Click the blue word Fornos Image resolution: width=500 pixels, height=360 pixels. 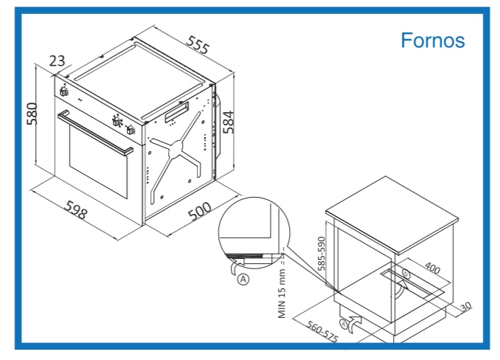(x=433, y=41)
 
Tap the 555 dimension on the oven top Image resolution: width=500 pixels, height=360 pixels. (x=198, y=45)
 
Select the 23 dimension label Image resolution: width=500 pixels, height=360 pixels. (x=57, y=60)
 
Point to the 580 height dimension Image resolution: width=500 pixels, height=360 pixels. (x=32, y=114)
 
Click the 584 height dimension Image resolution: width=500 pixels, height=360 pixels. (x=229, y=122)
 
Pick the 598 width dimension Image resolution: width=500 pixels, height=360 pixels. (x=76, y=210)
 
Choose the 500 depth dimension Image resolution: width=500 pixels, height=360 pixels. (x=200, y=212)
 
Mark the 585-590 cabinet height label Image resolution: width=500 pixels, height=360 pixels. (x=322, y=254)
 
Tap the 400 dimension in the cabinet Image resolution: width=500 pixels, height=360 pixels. (x=433, y=268)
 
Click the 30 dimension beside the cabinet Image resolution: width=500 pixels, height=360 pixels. (x=466, y=306)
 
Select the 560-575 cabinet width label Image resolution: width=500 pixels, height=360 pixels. (x=322, y=332)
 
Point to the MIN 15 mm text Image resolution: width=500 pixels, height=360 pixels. (x=282, y=294)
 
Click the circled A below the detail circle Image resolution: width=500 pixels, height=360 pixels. (x=243, y=280)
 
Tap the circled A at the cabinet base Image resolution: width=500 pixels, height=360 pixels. (x=344, y=325)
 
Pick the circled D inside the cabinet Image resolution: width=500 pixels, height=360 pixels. (x=406, y=274)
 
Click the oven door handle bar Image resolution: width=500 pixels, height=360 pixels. (x=95, y=133)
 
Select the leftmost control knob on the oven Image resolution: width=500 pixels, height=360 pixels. (x=63, y=91)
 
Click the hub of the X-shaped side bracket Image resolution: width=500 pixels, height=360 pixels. (x=176, y=148)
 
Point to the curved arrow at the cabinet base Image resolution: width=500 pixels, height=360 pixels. (x=355, y=325)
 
